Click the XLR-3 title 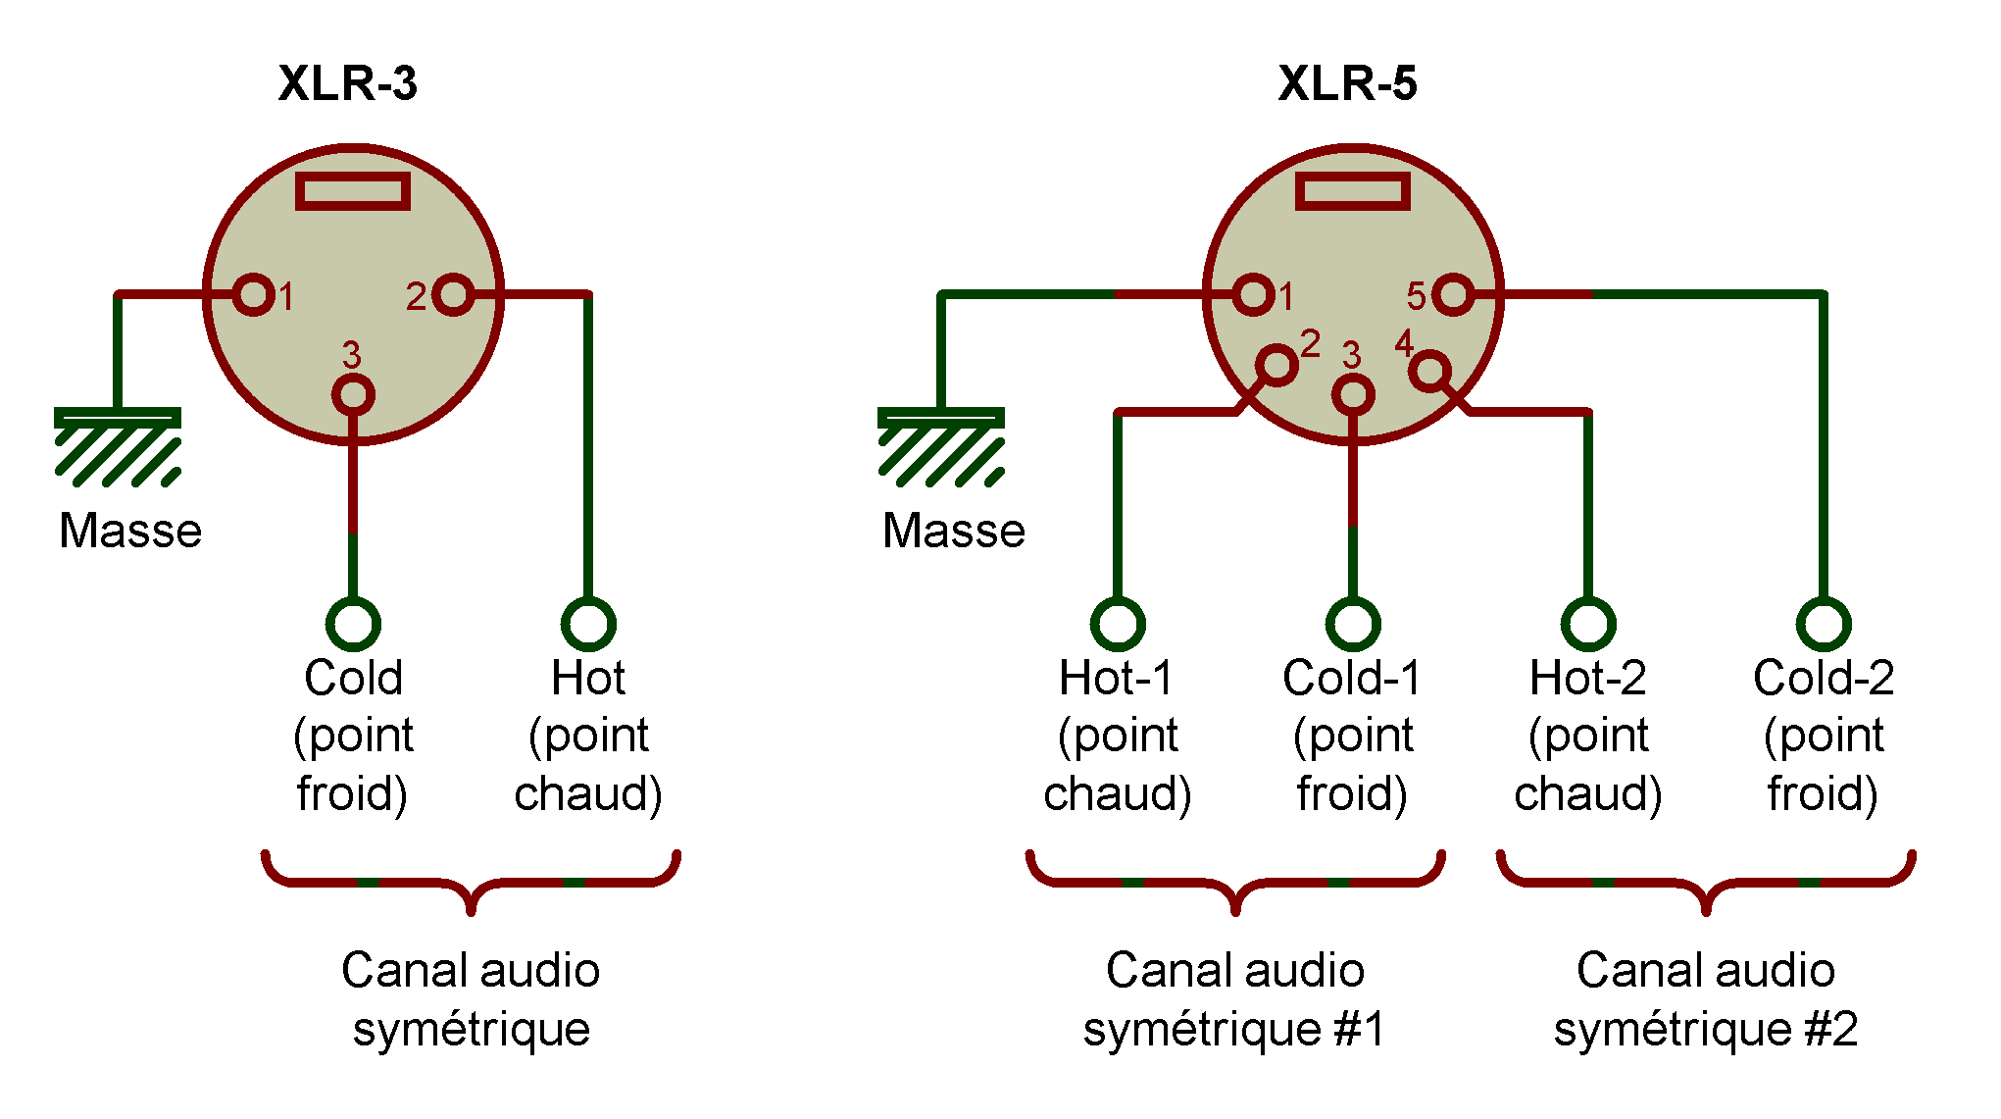(x=348, y=83)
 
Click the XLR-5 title (x=1347, y=83)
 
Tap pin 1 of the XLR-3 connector (x=254, y=294)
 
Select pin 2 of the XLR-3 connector (x=453, y=294)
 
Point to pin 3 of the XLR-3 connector (x=353, y=394)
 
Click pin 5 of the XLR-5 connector (x=1452, y=294)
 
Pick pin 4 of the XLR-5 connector (x=1429, y=371)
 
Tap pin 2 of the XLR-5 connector (x=1276, y=365)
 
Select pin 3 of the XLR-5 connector (x=1353, y=394)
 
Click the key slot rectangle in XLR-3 (x=353, y=191)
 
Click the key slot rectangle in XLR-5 (x=1353, y=191)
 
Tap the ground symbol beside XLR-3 (x=118, y=446)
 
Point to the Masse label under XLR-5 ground (x=953, y=531)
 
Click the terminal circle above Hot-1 (x=1118, y=623)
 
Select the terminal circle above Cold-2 (x=1824, y=623)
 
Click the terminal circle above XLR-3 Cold (x=353, y=623)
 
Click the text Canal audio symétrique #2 (x=1706, y=998)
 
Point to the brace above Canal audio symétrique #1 (x=1235, y=883)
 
